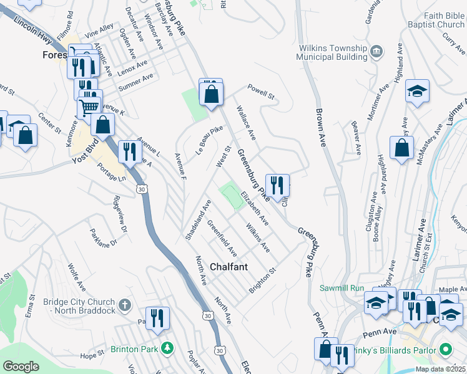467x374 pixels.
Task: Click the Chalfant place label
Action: tap(229, 267)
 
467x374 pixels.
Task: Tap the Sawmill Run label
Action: tap(341, 288)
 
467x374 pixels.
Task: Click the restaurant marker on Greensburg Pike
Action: tap(277, 185)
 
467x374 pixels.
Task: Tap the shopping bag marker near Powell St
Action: tap(212, 95)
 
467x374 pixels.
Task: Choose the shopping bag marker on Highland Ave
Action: tap(401, 148)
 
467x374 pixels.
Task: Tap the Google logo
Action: tap(21, 367)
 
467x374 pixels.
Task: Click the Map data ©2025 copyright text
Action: tap(438, 369)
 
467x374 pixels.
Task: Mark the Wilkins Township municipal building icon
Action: tap(376, 50)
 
